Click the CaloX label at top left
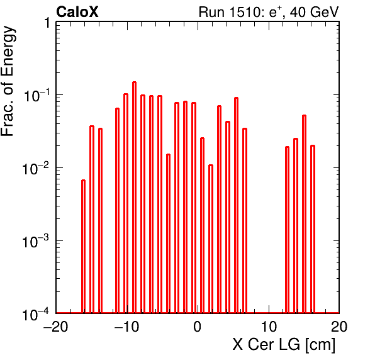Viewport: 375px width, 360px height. pos(77,12)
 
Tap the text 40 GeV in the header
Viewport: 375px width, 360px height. pos(314,12)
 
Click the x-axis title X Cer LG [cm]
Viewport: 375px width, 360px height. pos(284,345)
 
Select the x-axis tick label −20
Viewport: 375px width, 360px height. pos(56,326)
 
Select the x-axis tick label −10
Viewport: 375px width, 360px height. pos(126,326)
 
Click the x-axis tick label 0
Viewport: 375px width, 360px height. pos(198,326)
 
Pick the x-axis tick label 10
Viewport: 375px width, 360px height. pos(269,326)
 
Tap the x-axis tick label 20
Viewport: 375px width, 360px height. pos(339,326)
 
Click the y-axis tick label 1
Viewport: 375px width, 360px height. pos(47,23)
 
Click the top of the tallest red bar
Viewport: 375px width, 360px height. pos(135,82)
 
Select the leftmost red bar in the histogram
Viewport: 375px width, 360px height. pos(83,246)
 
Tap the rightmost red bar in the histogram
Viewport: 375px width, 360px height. pos(313,229)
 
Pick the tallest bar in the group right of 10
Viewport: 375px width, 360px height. pos(304,214)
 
